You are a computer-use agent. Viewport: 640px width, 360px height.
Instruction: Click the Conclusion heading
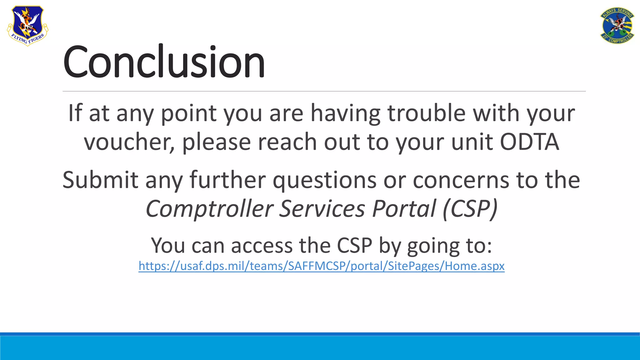coord(164,62)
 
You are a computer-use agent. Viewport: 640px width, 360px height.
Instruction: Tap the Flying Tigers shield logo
coord(27,26)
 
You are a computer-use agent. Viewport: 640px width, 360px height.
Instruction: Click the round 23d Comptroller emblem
coord(617,26)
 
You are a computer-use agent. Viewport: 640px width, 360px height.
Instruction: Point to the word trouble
coord(426,113)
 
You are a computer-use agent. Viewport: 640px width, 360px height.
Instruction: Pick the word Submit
coord(100,180)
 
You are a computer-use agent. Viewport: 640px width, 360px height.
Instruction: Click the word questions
coord(324,180)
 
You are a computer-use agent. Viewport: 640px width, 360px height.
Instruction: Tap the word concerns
coord(461,180)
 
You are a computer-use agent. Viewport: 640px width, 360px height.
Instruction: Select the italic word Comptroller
coord(210,209)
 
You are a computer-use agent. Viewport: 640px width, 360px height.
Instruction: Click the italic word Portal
coord(404,209)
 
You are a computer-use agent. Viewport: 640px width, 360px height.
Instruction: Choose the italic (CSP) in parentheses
coord(470,209)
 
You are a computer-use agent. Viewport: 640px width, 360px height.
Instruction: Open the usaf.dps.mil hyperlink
coord(321,266)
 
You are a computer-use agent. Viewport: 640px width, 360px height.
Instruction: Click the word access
coord(262,246)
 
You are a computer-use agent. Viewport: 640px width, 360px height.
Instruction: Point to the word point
coord(189,113)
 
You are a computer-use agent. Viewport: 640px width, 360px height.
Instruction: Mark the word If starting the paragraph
coord(75,113)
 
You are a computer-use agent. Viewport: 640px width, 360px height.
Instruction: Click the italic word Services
coord(322,209)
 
